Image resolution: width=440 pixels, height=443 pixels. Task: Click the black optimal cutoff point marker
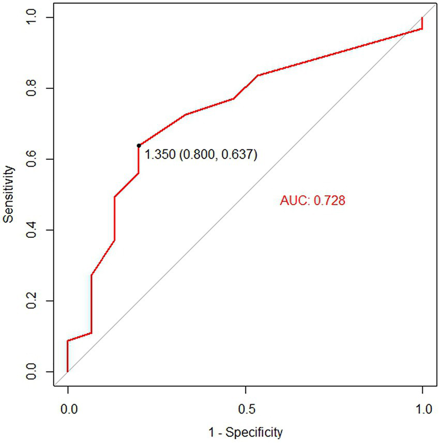point(139,146)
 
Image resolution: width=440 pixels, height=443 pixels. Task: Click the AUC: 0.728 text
point(312,201)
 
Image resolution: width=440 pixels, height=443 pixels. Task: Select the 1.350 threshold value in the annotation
point(160,155)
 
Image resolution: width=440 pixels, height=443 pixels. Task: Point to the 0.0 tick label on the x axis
point(68,408)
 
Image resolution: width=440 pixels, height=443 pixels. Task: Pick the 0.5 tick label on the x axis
point(245,408)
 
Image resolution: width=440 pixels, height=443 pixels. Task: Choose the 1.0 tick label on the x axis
point(422,408)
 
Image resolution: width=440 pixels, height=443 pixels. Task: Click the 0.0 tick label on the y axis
point(34,372)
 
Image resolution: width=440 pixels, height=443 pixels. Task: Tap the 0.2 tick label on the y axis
point(34,301)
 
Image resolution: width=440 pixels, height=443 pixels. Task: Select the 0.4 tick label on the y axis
point(34,230)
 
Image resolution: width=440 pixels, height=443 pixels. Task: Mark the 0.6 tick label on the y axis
point(34,159)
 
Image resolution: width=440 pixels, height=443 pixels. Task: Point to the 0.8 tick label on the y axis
point(34,88)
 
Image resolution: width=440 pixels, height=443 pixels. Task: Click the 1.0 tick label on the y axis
point(34,18)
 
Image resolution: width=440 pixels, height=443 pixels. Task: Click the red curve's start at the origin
point(68,372)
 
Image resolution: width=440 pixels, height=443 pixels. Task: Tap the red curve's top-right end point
point(422,18)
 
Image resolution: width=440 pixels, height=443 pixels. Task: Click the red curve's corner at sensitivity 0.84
point(257,75)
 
